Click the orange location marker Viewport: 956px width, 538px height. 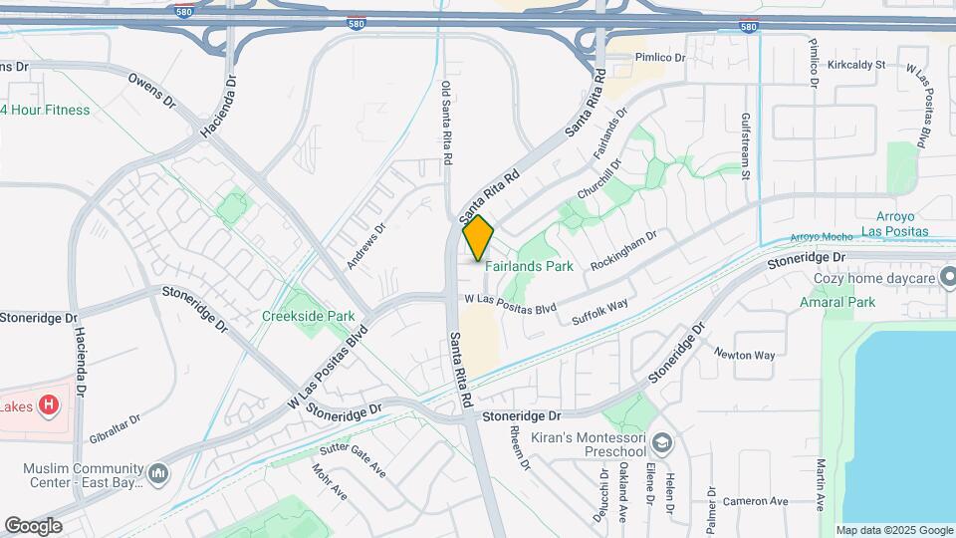(478, 237)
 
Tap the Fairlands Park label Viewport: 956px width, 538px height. (529, 267)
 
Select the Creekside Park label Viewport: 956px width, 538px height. (308, 316)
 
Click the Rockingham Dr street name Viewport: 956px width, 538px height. (624, 252)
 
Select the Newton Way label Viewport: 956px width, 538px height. (744, 354)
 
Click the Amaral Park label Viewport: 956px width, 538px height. (836, 302)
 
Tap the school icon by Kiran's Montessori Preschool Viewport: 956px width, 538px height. (660, 442)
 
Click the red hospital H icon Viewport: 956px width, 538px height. (48, 405)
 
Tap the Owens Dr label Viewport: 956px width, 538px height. (151, 89)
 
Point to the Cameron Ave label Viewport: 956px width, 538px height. (755, 501)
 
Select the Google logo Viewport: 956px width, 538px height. (33, 525)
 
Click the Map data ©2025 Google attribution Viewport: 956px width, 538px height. (893, 530)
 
